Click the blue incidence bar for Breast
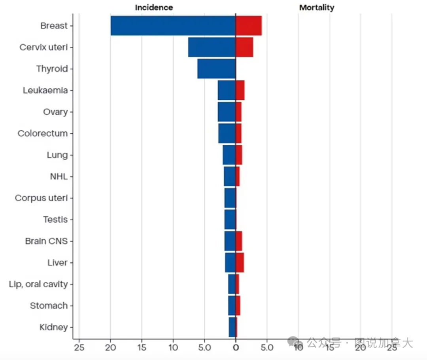[x=173, y=26]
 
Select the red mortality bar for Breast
[x=249, y=26]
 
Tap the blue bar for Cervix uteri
[x=212, y=47]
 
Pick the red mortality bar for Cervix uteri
[x=244, y=47]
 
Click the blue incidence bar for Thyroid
[x=216, y=69]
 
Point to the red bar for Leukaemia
[x=240, y=90]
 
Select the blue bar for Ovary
[x=227, y=112]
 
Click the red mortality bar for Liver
[x=240, y=263]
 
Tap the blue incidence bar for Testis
[x=230, y=220]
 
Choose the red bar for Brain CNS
[x=239, y=241]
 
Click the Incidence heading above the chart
[x=154, y=8]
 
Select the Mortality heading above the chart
[x=317, y=8]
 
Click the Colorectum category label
[x=43, y=133]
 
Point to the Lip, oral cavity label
[x=38, y=284]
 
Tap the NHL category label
[x=59, y=176]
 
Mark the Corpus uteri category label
[x=42, y=198]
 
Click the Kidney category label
[x=54, y=327]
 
